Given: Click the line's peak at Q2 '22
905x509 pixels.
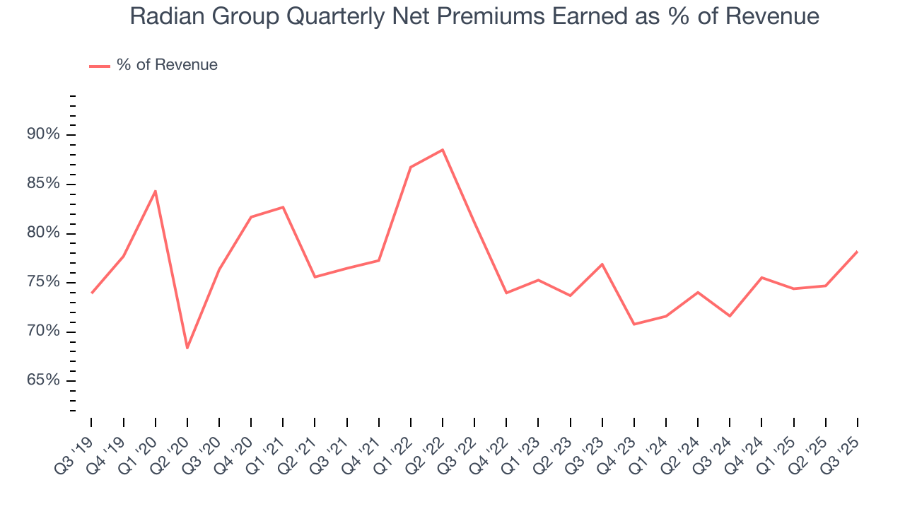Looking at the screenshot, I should [443, 150].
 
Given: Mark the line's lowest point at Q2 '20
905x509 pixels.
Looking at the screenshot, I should [187, 348].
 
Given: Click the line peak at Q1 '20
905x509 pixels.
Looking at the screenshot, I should [156, 191].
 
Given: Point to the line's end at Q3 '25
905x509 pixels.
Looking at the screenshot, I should [857, 252].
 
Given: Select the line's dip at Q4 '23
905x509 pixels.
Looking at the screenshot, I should [634, 324].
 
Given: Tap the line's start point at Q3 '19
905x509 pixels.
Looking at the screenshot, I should [92, 293].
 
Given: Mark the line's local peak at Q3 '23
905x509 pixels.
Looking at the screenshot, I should [602, 264].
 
